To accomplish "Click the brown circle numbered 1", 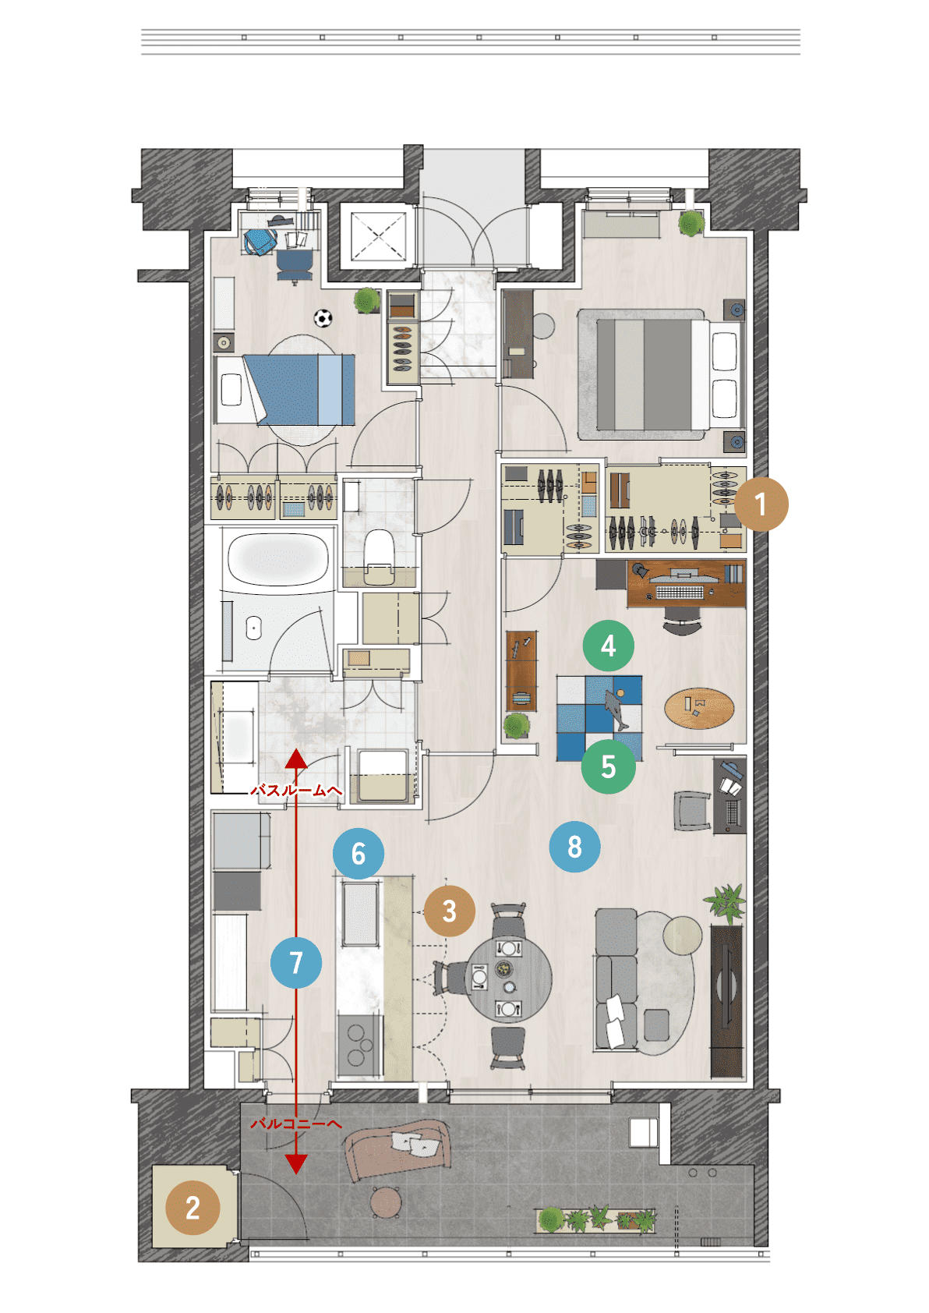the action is [x=761, y=504].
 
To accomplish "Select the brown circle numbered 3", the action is [x=449, y=911].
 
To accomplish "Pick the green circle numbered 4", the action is [x=608, y=646].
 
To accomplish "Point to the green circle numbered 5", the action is [x=608, y=766].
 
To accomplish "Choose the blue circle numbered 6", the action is [x=358, y=854].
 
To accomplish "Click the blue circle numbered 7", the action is [x=296, y=962].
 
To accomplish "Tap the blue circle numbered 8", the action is [x=574, y=846].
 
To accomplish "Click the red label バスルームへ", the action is [x=296, y=790].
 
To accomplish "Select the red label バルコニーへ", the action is [x=296, y=1123].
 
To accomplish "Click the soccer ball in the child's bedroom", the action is [x=323, y=317].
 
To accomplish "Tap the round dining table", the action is [x=508, y=979].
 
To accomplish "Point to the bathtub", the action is [x=277, y=558].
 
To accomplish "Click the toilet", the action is [x=379, y=556].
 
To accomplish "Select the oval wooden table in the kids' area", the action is [x=698, y=707].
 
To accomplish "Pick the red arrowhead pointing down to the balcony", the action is [x=296, y=1163].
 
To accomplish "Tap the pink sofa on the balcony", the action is [x=397, y=1150].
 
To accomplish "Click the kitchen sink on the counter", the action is [x=359, y=914].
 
